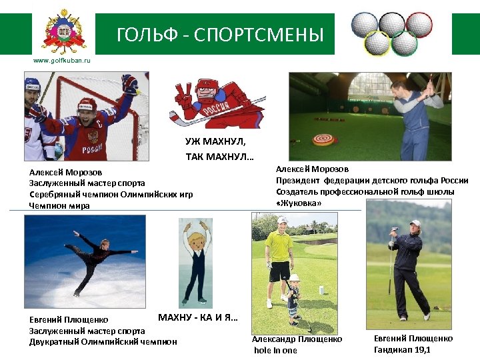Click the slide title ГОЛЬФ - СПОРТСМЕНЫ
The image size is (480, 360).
pyautogui.click(x=220, y=35)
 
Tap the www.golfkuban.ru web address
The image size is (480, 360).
pyautogui.click(x=62, y=61)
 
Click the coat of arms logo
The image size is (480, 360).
pyautogui.click(x=64, y=31)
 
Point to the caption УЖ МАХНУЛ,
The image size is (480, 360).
pyautogui.click(x=215, y=141)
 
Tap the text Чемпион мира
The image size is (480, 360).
pyautogui.click(x=59, y=206)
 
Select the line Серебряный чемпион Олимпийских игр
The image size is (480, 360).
pyautogui.click(x=111, y=194)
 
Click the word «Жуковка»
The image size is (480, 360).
pyautogui.click(x=299, y=203)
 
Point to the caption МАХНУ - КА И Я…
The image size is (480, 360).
pyautogui.click(x=198, y=317)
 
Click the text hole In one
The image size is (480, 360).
pyautogui.click(x=275, y=350)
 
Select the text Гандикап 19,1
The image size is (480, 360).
pyautogui.click(x=402, y=349)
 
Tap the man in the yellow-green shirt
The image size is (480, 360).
pyautogui.click(x=279, y=260)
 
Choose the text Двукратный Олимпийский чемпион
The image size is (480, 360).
pyautogui.click(x=103, y=341)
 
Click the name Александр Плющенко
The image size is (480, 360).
pyautogui.click(x=297, y=339)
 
